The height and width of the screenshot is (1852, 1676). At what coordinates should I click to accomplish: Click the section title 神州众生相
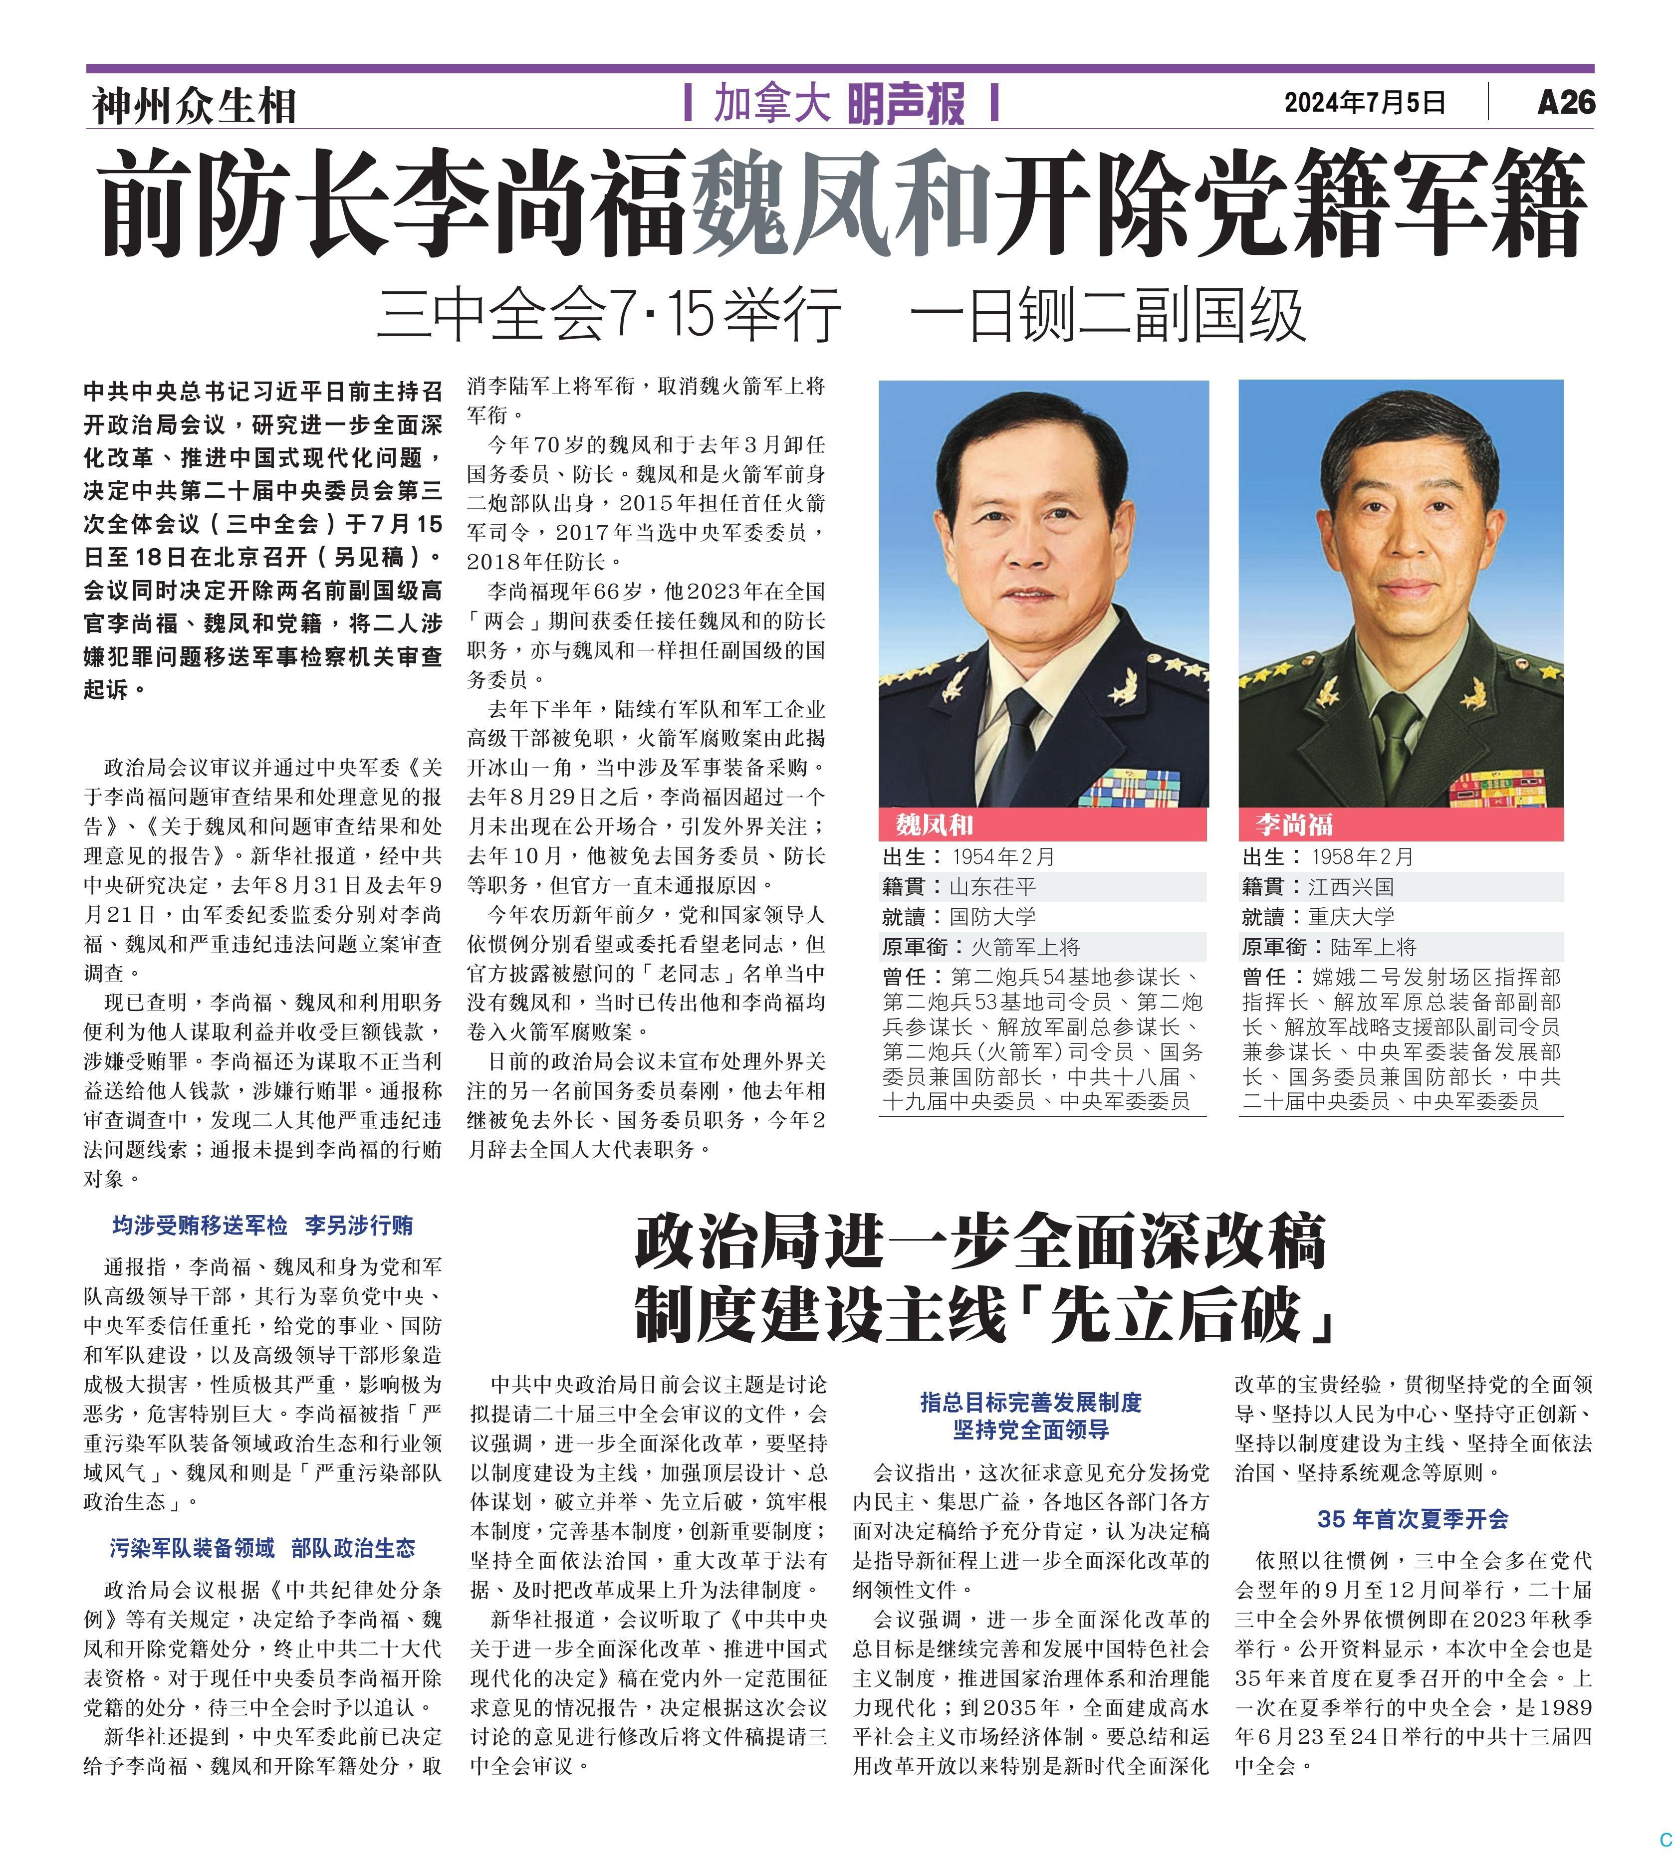pyautogui.click(x=194, y=106)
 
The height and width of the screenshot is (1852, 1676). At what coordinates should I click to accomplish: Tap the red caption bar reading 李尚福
pyautogui.click(x=1401, y=824)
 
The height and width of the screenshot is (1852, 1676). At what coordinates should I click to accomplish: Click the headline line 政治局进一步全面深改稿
pyautogui.click(x=980, y=1242)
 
